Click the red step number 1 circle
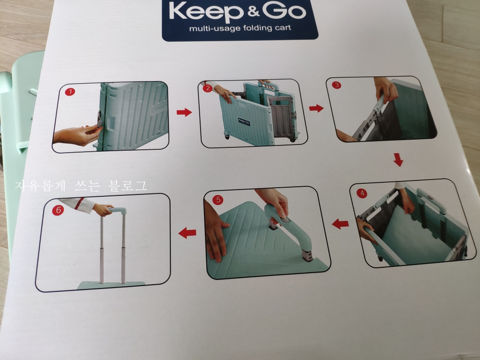point(70,92)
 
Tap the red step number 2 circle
point(207,88)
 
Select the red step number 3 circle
point(336,85)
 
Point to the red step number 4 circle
point(362,193)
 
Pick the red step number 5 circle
point(218,200)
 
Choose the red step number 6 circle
point(58,210)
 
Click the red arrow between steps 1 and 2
point(184,112)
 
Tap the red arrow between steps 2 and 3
point(316,108)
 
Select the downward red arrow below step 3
point(398,159)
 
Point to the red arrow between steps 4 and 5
point(340,224)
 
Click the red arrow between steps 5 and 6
point(187,233)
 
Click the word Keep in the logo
point(206,12)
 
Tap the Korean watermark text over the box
point(81,186)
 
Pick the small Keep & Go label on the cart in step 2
point(245,120)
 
